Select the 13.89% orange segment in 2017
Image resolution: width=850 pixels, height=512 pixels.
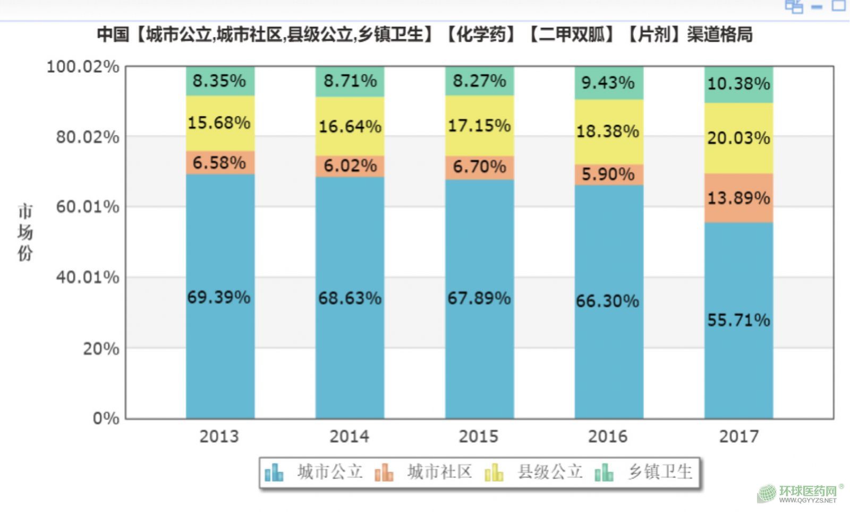tap(738, 198)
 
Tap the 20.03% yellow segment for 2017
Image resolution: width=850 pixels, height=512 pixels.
tap(738, 138)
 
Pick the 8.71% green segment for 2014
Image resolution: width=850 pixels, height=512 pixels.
tap(350, 81)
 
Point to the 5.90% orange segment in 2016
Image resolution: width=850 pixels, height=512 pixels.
tap(608, 174)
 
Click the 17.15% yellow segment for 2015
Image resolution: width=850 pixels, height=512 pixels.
tap(479, 125)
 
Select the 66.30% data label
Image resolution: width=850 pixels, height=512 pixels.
tap(608, 301)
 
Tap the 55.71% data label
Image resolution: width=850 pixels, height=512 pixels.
tap(738, 320)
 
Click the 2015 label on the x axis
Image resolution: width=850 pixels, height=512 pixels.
tap(479, 436)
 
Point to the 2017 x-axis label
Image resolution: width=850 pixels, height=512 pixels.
tap(738, 436)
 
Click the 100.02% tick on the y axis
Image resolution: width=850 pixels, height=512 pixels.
tap(83, 67)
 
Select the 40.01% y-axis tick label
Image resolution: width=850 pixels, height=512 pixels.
tap(88, 277)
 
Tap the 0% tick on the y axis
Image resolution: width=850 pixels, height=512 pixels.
tap(106, 418)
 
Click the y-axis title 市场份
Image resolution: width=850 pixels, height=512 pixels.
tap(25, 232)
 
